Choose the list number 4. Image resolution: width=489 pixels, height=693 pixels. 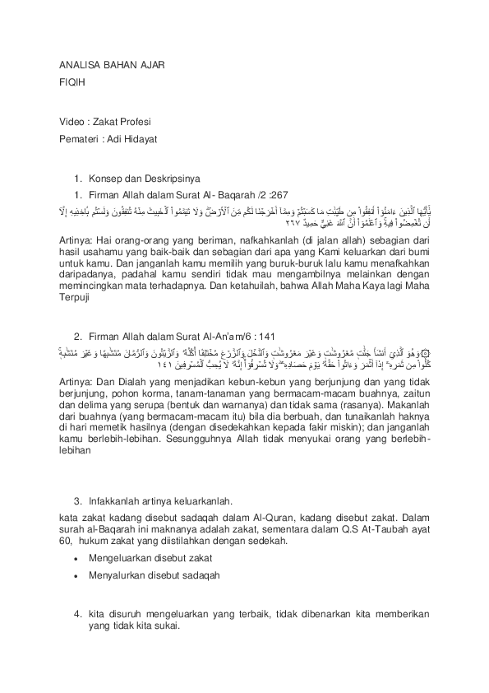point(77,614)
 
